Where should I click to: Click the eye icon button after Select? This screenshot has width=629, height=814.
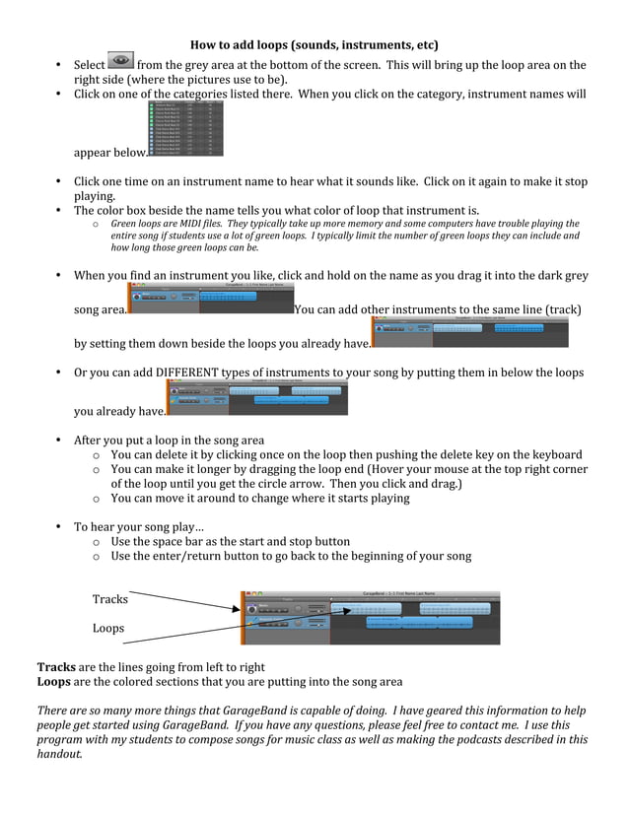[120, 63]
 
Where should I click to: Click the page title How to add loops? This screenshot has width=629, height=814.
[314, 45]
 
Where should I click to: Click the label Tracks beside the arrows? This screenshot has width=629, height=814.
[109, 599]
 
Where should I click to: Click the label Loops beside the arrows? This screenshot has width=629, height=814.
[108, 628]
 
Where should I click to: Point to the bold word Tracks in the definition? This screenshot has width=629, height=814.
[56, 667]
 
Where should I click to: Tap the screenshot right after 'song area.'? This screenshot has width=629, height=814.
[210, 299]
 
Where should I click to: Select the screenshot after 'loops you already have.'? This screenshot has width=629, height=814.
[469, 332]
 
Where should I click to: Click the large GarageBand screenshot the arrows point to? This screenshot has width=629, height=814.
[371, 617]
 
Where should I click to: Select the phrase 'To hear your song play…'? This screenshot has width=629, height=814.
[139, 526]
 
